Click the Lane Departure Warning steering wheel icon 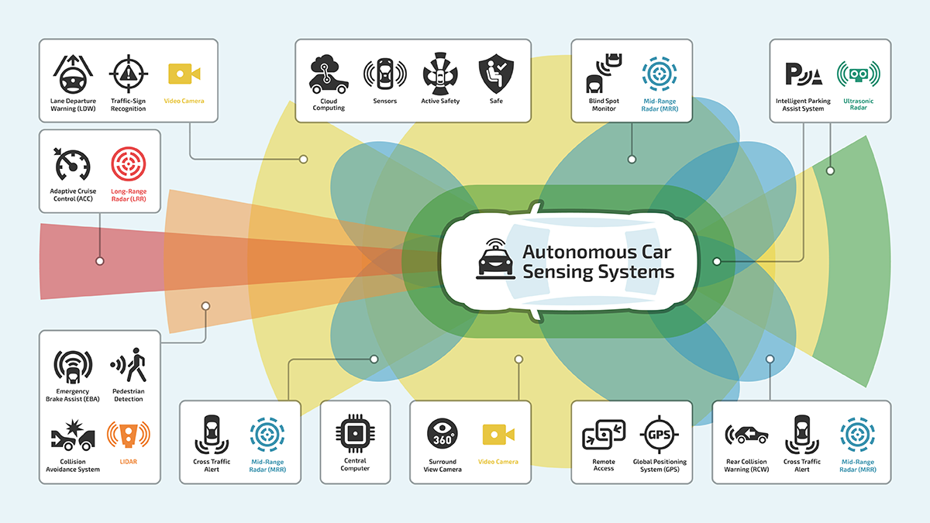(x=73, y=75)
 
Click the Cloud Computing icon (x=329, y=74)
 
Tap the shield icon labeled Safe (x=496, y=74)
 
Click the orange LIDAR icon (x=129, y=437)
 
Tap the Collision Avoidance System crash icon (x=73, y=439)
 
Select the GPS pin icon (x=660, y=435)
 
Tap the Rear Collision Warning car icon (x=746, y=435)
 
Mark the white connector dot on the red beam (x=100, y=261)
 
